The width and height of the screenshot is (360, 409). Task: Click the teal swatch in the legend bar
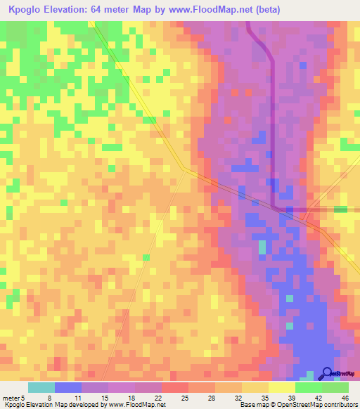coord(41,387)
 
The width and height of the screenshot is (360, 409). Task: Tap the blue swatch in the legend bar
coord(68,387)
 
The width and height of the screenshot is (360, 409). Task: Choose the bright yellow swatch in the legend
coord(282,387)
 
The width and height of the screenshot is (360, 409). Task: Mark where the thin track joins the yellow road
coord(186,169)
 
